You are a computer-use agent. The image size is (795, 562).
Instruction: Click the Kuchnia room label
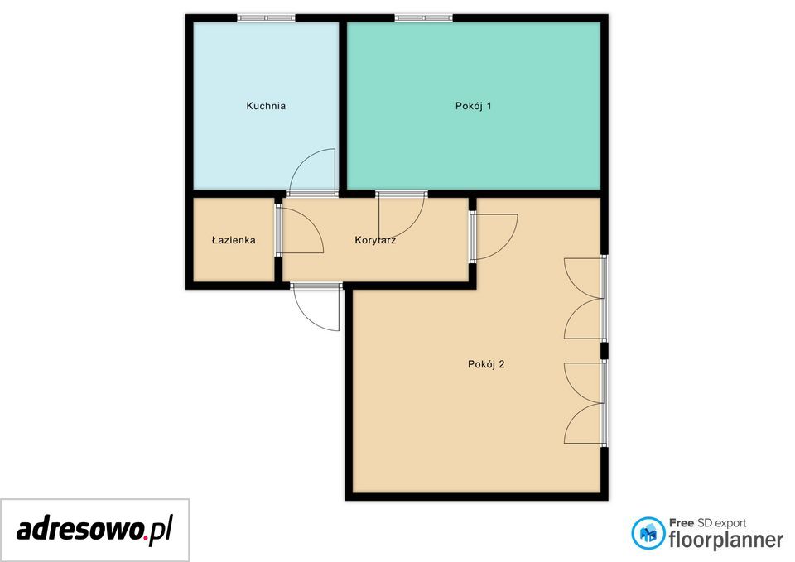(266, 106)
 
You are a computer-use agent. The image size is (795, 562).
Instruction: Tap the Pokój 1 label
(473, 106)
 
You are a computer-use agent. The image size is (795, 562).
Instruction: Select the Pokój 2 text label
(486, 364)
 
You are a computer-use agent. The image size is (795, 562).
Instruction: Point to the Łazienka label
(234, 240)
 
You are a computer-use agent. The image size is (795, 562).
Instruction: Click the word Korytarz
(375, 240)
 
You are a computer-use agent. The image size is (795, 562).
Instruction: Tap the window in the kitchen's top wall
(266, 17)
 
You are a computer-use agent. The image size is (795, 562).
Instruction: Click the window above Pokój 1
(423, 17)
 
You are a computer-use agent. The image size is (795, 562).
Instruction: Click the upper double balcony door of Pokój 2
(583, 299)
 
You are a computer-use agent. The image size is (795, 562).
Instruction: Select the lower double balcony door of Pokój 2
(583, 403)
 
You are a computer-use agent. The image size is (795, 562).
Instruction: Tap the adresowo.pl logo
(94, 530)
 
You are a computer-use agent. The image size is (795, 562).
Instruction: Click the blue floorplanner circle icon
(648, 532)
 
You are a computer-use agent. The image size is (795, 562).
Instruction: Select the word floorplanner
(725, 540)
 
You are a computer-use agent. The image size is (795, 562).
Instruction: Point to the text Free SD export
(707, 523)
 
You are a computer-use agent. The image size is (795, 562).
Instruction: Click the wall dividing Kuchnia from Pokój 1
(343, 106)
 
